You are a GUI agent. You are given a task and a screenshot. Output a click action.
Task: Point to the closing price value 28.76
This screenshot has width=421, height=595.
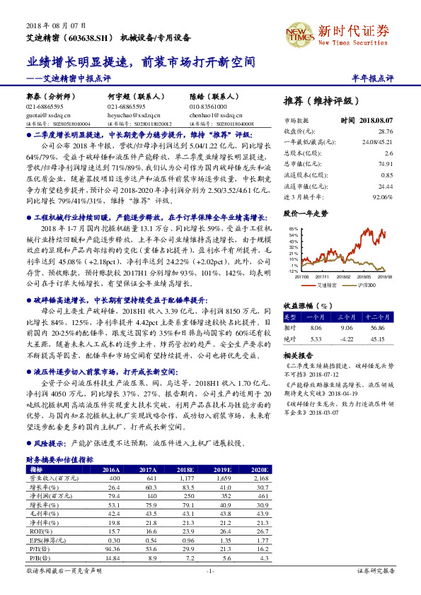385,131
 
